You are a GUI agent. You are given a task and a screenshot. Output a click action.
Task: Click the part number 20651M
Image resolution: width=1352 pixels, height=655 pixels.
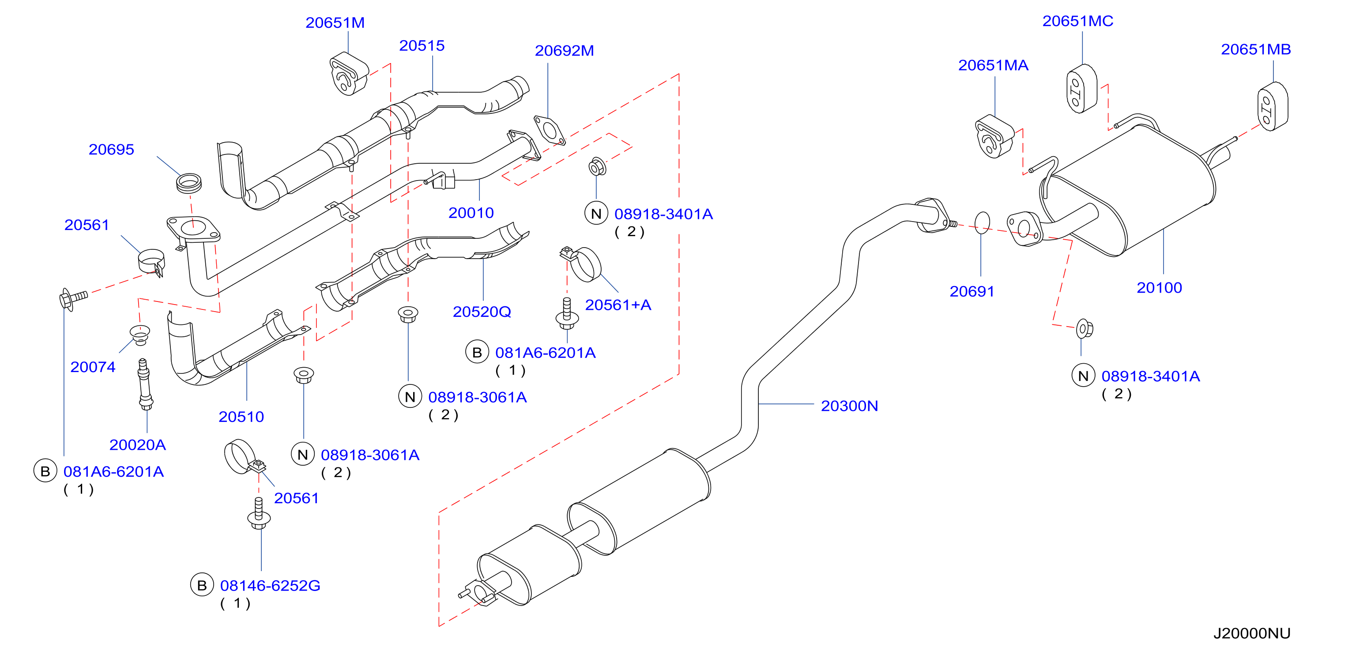click(335, 23)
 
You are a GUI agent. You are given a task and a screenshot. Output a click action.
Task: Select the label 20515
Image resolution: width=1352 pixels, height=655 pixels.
click(422, 45)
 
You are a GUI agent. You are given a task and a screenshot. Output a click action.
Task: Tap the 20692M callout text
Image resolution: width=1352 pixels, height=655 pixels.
click(564, 50)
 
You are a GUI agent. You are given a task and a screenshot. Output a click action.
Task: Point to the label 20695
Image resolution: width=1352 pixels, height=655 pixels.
click(111, 150)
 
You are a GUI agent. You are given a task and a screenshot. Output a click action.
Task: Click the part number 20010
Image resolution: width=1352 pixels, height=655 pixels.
click(471, 213)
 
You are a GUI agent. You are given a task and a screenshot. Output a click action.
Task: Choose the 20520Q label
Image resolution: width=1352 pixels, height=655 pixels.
click(482, 312)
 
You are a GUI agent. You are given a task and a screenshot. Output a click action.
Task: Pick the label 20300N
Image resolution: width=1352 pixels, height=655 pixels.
click(849, 406)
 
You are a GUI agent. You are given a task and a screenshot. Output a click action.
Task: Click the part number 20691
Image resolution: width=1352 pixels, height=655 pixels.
click(972, 291)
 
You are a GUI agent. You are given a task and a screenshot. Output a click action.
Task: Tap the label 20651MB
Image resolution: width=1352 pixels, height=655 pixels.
click(1256, 49)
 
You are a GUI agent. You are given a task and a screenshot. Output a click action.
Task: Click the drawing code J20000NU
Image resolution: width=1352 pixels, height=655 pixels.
click(1252, 633)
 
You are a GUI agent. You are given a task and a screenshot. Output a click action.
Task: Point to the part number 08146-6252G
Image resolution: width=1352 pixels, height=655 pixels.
click(270, 585)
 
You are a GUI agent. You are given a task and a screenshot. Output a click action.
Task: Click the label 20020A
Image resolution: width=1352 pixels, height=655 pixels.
click(138, 445)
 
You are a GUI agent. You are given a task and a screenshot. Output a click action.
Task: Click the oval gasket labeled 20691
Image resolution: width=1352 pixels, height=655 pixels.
click(982, 222)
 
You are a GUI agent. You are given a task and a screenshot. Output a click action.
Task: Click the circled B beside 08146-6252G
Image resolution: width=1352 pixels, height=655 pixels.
click(202, 585)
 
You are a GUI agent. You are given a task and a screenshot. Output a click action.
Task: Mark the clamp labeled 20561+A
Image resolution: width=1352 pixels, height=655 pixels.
click(581, 264)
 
